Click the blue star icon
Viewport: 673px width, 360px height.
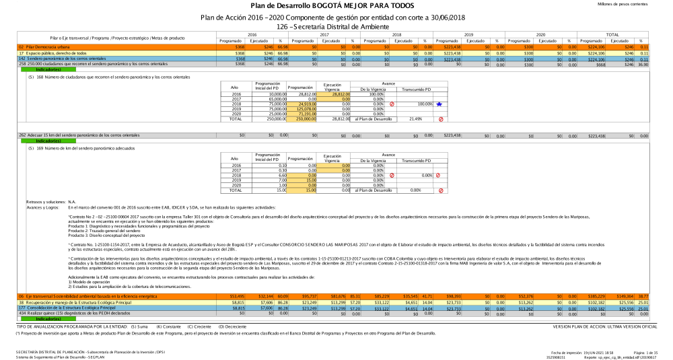coord(439,104)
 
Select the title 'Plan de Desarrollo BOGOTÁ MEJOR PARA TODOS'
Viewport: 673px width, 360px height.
coord(336,5)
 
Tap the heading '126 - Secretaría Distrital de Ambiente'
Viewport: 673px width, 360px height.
coord(336,26)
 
